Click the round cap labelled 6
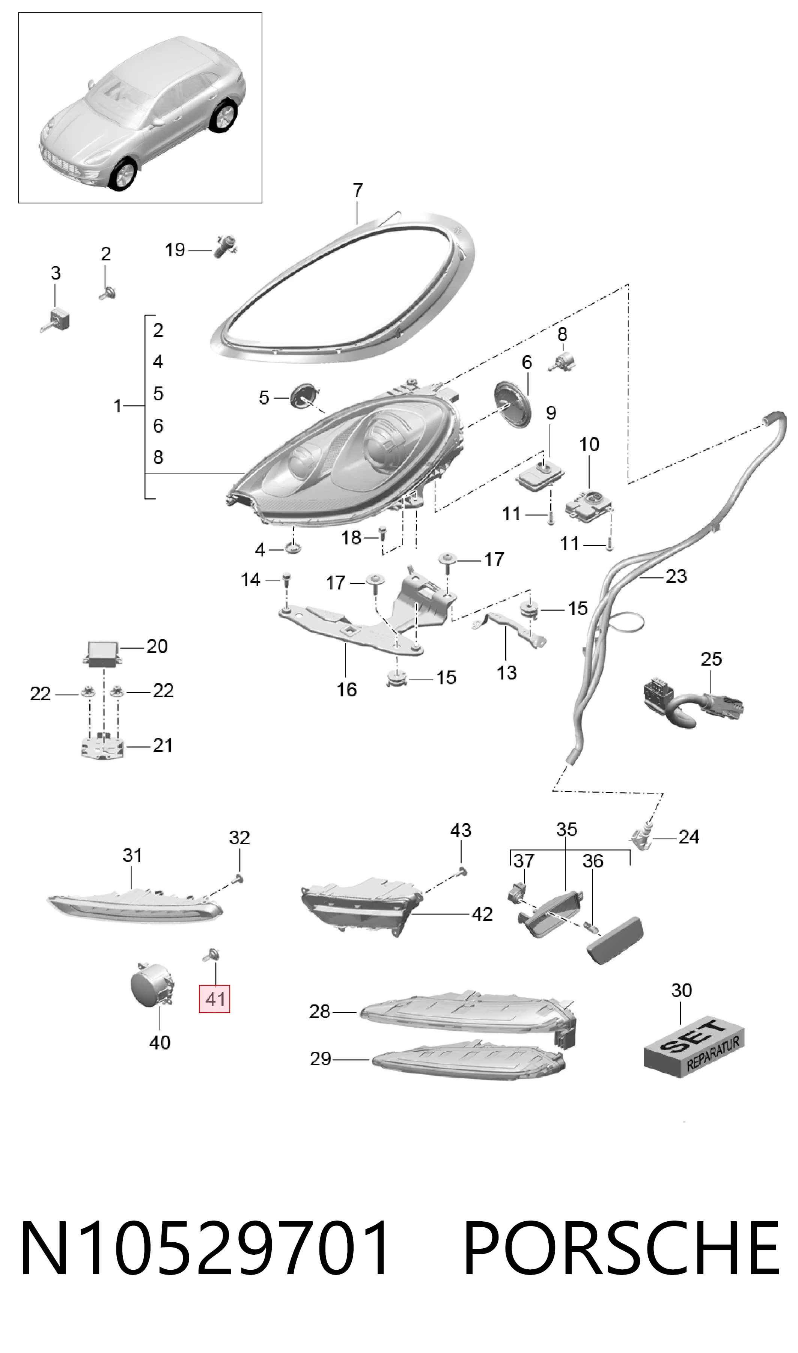[512, 404]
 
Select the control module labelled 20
[101, 654]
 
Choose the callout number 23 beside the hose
[676, 576]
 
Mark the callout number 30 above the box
[681, 990]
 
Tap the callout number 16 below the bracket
[346, 689]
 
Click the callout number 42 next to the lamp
[482, 914]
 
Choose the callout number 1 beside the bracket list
[118, 406]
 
